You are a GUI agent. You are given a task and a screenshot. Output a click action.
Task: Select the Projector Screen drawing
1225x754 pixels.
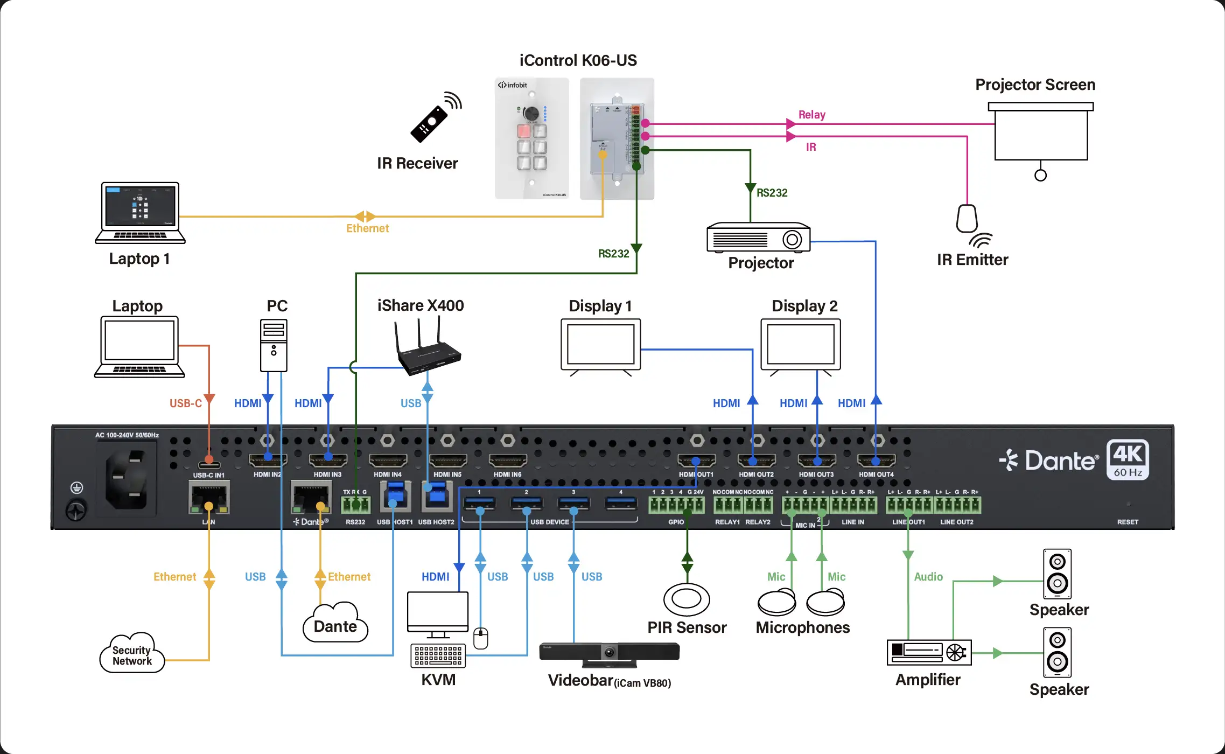click(x=1040, y=132)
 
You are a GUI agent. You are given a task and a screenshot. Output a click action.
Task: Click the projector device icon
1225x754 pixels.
click(x=758, y=238)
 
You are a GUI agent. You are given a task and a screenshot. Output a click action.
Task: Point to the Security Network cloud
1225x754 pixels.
click(x=131, y=654)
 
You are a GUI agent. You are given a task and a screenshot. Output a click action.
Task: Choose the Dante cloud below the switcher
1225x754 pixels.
click(x=335, y=625)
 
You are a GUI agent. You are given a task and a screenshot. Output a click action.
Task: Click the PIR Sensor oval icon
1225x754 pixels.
click(x=687, y=599)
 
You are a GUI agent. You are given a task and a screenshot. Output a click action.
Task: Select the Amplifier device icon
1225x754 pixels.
click(x=929, y=652)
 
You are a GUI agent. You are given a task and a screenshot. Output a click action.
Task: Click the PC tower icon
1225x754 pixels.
click(x=274, y=345)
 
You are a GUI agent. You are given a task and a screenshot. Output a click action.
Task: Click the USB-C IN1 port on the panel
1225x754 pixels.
click(x=209, y=465)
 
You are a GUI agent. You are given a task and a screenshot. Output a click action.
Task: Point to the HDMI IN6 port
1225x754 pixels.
click(x=507, y=461)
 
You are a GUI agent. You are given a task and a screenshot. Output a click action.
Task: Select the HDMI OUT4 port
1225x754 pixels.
click(x=876, y=461)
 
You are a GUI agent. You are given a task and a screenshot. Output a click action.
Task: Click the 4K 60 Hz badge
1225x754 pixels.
click(x=1128, y=459)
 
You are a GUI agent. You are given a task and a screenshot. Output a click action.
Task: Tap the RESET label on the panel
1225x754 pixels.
click(x=1128, y=522)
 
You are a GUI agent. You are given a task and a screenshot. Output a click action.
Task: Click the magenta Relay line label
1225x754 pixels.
click(x=811, y=115)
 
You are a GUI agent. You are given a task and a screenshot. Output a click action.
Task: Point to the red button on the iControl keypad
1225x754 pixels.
click(x=523, y=131)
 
